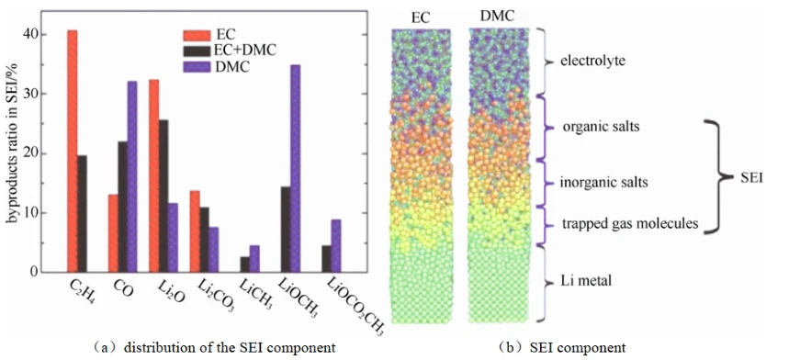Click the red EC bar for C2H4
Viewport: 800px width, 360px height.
pos(73,151)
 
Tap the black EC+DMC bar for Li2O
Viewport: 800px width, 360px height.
pos(163,196)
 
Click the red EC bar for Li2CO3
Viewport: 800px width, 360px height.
pos(195,231)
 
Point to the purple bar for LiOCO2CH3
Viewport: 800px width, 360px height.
pos(336,246)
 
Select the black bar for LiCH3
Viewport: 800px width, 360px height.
pos(245,264)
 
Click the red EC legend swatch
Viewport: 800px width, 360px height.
pos(197,35)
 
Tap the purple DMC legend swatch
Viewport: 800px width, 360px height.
pos(197,67)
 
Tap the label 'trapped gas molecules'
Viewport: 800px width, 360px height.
pos(630,223)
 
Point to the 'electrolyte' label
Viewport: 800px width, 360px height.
pos(592,62)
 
